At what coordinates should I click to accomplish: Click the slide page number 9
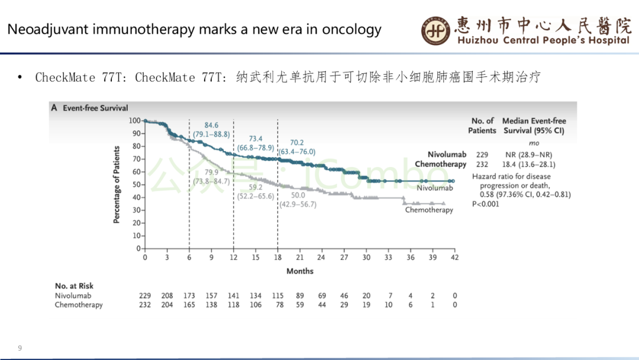[20, 348]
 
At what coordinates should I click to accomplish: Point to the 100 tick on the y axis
[135, 120]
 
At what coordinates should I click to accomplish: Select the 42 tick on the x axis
[454, 258]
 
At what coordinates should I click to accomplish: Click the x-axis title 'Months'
[300, 271]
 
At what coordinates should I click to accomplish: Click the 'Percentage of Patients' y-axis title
[117, 185]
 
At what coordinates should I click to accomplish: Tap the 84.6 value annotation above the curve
[211, 125]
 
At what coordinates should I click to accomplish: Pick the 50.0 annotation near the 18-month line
[298, 195]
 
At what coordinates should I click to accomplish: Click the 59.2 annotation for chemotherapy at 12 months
[256, 187]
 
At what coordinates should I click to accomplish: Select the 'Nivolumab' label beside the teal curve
[435, 188]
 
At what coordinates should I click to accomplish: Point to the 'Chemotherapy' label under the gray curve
[429, 210]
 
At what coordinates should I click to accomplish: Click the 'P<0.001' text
[486, 204]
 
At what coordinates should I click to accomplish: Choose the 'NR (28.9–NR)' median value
[528, 155]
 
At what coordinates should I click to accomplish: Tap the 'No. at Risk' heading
[74, 286]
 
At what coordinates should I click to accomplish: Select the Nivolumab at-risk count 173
[189, 295]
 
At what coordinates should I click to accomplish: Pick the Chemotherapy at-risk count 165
[189, 305]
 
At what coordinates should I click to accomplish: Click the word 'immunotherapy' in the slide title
[137, 29]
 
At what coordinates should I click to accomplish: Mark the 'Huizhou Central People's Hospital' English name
[543, 40]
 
